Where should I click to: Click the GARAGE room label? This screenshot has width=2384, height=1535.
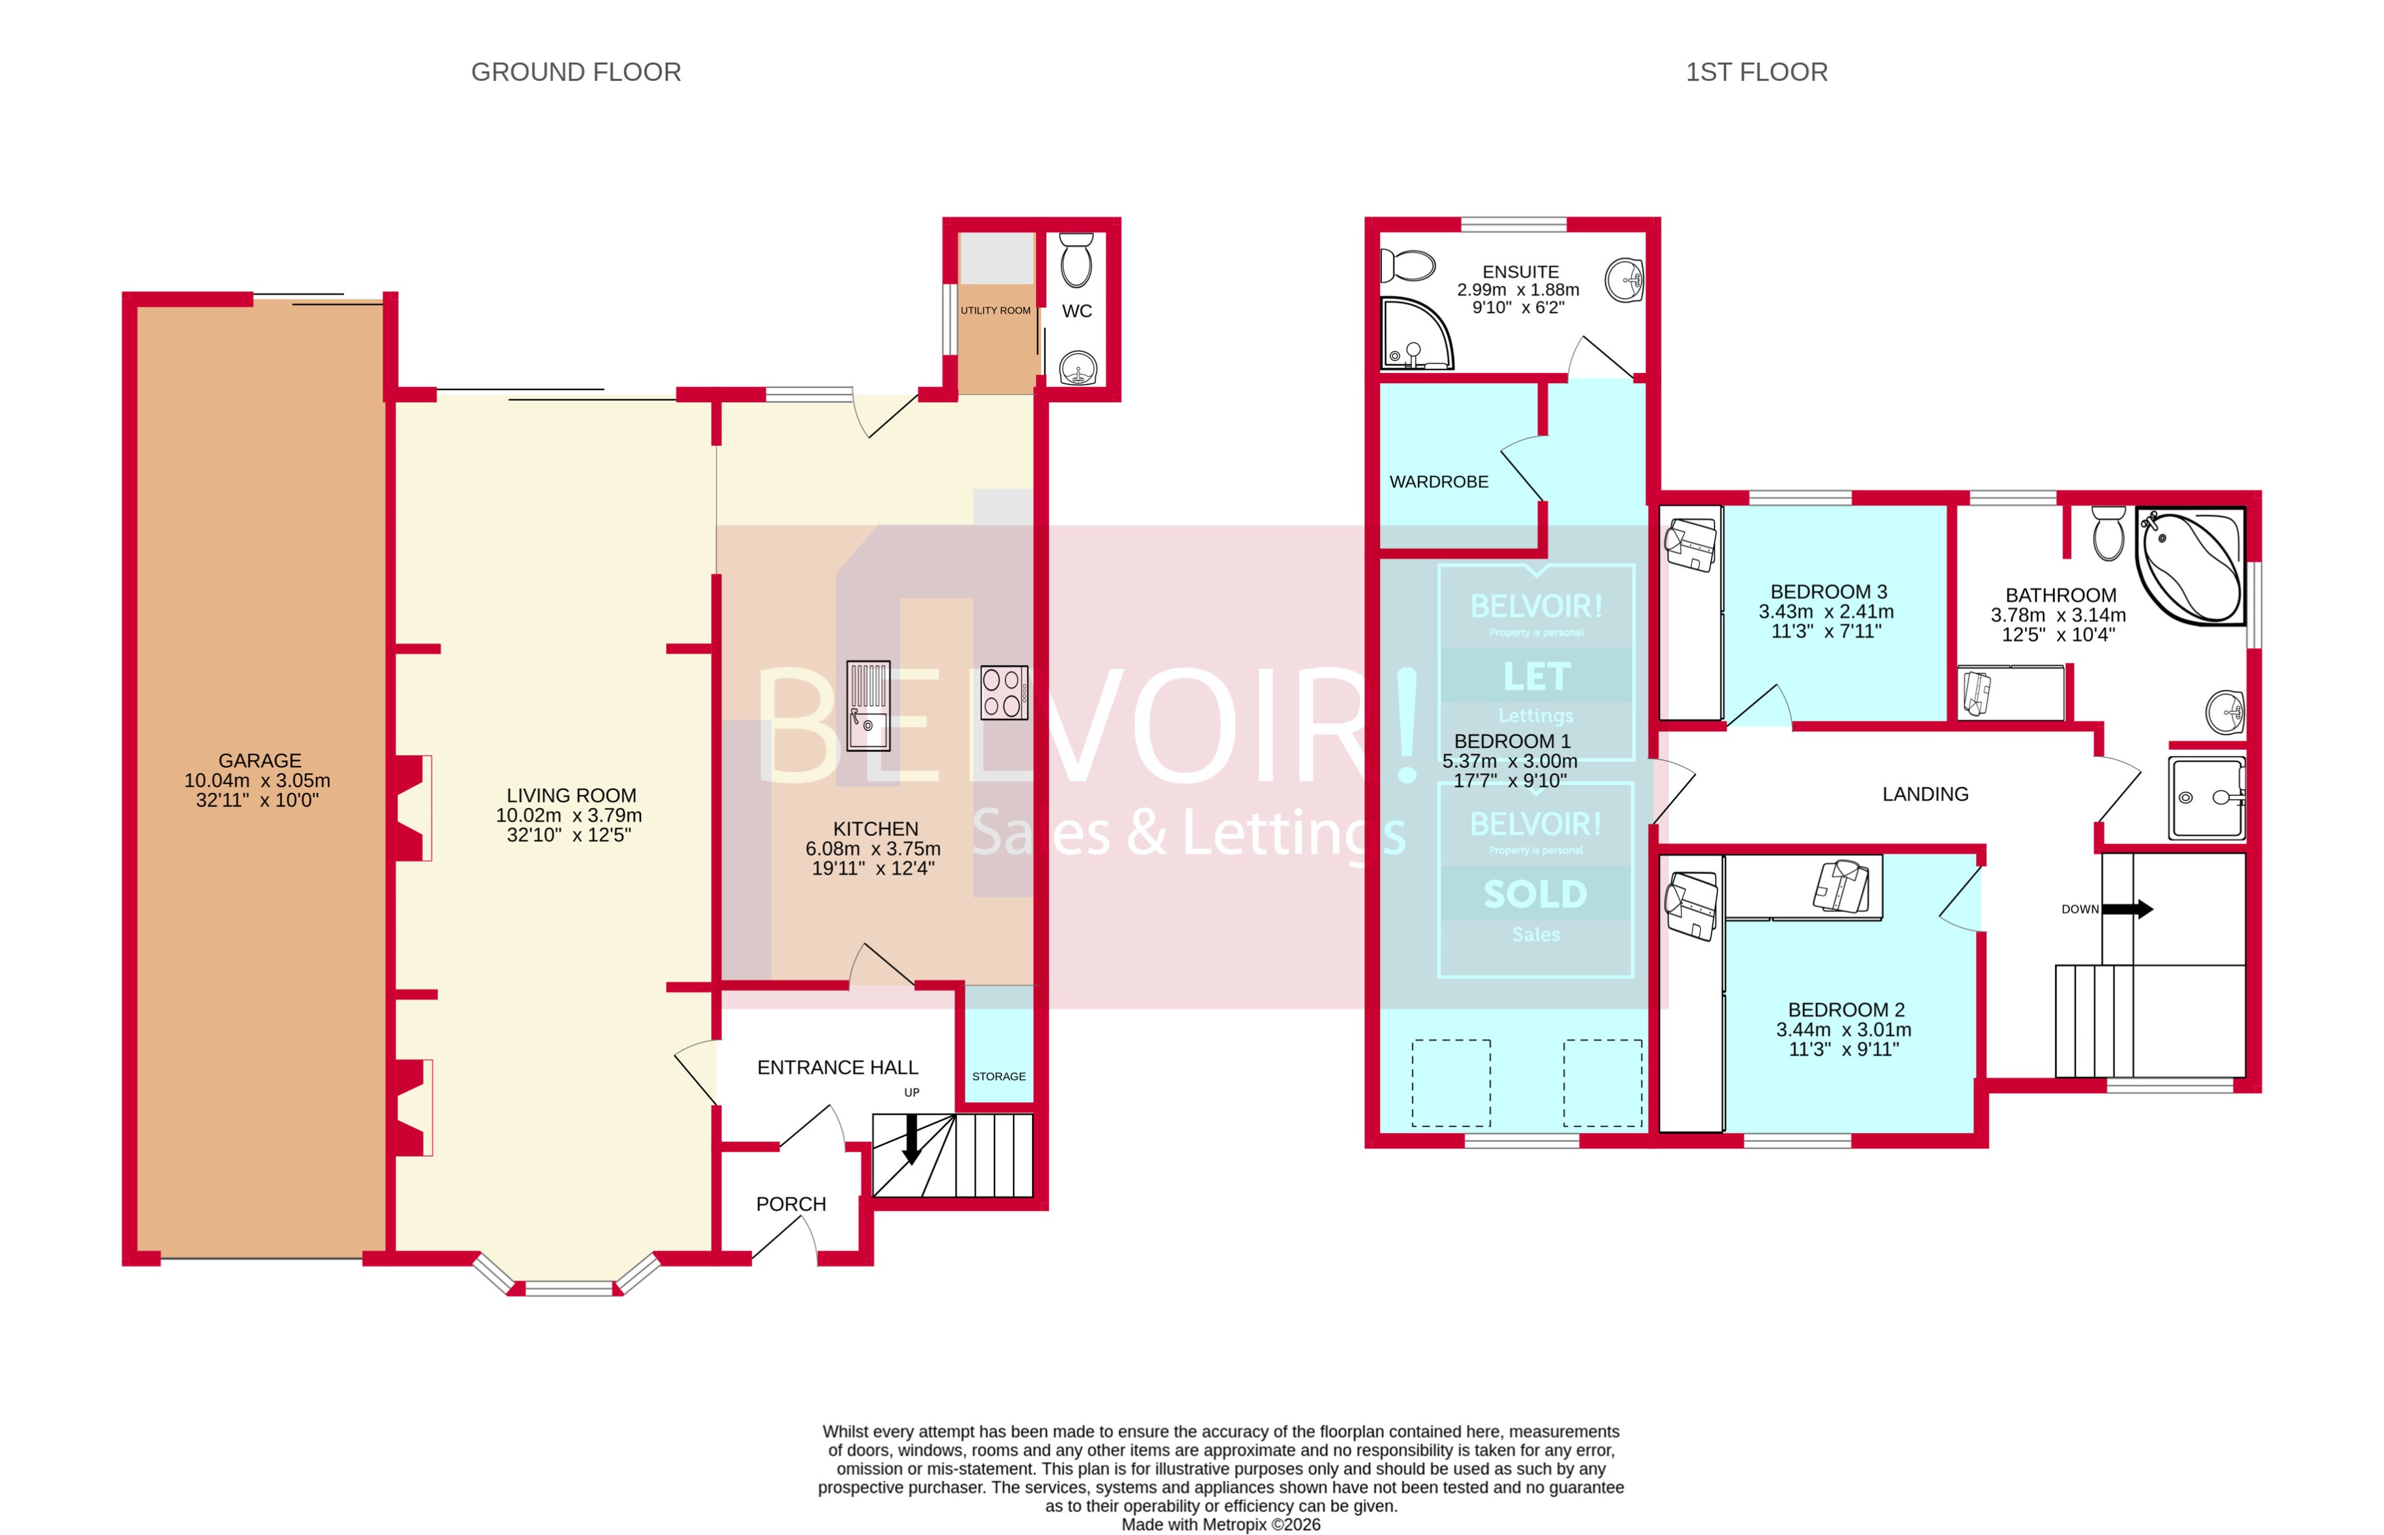tap(260, 760)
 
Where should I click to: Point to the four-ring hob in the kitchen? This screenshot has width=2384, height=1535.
tap(1003, 692)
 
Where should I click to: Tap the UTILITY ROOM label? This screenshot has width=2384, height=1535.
tap(995, 310)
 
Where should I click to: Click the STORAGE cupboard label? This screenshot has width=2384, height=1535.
tap(998, 1076)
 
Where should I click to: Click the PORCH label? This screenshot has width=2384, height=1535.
tap(791, 1204)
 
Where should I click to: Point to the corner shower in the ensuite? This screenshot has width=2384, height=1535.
tap(1414, 334)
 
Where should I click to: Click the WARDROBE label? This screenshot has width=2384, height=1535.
tap(1438, 481)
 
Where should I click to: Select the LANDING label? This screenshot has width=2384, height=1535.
tap(1924, 794)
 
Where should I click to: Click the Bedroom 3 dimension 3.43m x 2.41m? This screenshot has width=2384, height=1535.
tap(1825, 612)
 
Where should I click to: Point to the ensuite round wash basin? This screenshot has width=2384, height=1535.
tap(1625, 280)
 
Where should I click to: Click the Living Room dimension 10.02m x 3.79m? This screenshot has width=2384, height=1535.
tap(568, 815)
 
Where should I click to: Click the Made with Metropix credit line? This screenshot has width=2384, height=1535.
tap(1221, 1524)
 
